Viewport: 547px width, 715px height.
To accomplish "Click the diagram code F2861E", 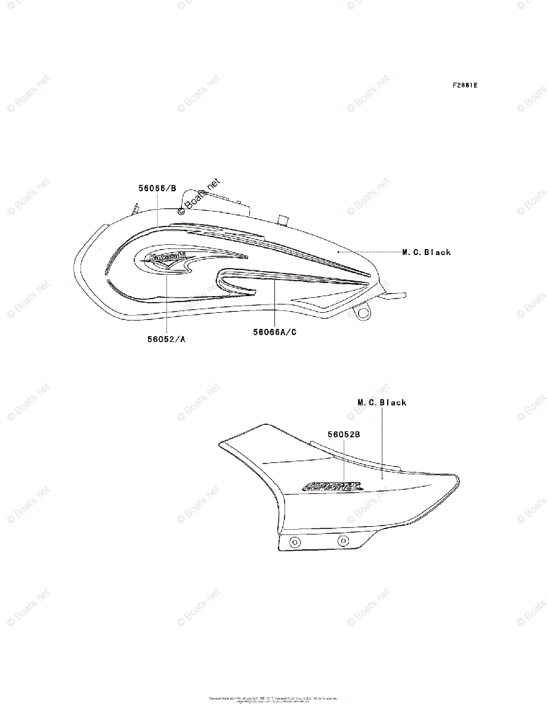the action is click(465, 85).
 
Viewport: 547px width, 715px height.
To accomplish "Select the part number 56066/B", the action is click(157, 188).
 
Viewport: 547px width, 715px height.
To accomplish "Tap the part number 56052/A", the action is click(166, 339).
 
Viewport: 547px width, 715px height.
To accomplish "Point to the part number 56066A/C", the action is click(274, 332).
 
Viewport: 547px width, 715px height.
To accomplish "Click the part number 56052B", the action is click(343, 434).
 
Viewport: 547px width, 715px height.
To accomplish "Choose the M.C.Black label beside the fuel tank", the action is click(427, 252).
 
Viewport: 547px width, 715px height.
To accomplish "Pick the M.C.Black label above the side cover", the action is click(382, 403).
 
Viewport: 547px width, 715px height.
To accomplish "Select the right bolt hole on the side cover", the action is click(342, 541).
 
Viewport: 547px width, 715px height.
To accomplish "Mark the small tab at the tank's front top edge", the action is click(135, 207).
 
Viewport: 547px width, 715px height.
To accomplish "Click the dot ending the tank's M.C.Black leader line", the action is click(338, 252).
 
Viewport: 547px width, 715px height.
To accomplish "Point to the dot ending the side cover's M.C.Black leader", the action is click(382, 477).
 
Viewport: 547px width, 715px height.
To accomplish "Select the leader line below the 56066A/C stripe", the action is click(274, 304).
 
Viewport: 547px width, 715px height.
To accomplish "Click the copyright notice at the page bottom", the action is click(273, 700).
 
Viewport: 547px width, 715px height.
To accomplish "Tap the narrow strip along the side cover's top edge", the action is click(355, 453).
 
